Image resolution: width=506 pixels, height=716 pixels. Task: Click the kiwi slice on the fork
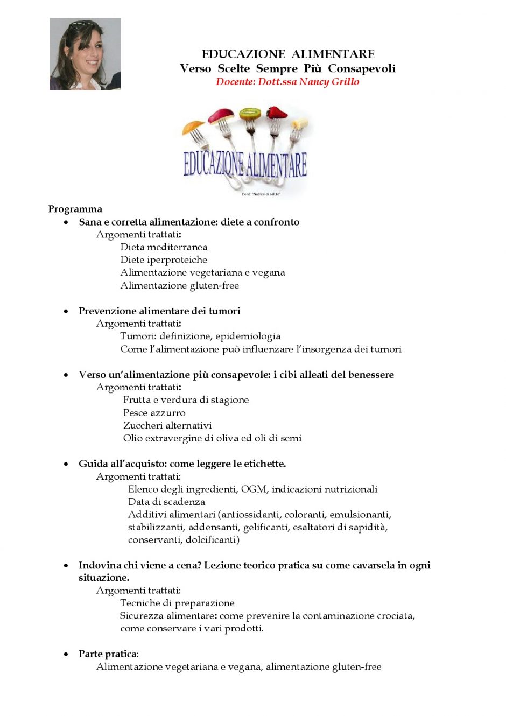tap(250, 114)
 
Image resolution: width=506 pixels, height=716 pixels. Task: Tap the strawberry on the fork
tap(278, 113)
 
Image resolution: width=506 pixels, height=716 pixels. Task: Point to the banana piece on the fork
tap(300, 124)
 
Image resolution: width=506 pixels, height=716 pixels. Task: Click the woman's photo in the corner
tap(85, 54)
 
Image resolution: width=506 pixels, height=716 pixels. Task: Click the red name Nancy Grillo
tap(329, 82)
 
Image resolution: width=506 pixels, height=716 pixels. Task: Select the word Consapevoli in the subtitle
tap(362, 68)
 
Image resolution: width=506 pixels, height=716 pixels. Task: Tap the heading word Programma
tap(75, 209)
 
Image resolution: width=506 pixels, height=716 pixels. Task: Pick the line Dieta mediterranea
tap(164, 247)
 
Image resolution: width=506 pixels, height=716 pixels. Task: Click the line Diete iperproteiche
tap(164, 259)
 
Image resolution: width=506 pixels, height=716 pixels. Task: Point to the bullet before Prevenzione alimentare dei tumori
tap(66, 311)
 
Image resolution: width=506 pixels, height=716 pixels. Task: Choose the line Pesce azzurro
tap(154, 412)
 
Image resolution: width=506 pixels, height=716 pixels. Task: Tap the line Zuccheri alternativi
tap(167, 425)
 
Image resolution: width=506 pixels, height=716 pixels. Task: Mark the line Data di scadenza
tap(166, 502)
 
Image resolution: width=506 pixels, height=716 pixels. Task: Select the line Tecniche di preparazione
tap(177, 603)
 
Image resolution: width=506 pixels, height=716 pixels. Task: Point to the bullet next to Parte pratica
tap(66, 654)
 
